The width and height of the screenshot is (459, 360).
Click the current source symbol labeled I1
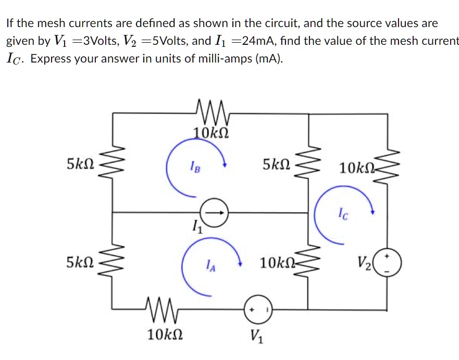(213, 213)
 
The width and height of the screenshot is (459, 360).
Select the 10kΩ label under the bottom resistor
(164, 334)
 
